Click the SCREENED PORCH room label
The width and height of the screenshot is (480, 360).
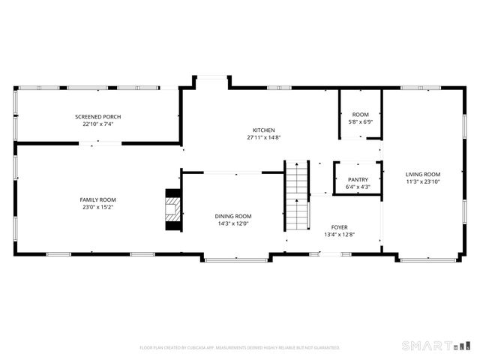[x=97, y=116]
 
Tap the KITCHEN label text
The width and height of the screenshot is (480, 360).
[x=263, y=130]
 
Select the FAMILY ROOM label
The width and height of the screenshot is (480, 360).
[x=97, y=199]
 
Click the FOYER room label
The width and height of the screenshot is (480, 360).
[x=339, y=227]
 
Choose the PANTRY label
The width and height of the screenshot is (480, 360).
[x=358, y=179]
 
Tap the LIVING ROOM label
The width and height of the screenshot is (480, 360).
[x=423, y=174]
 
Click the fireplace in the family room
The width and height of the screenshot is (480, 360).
[x=173, y=210]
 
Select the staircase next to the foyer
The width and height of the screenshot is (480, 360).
[x=298, y=196]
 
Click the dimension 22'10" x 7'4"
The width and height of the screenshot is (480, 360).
[x=97, y=124]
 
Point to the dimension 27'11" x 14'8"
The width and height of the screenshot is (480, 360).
[x=263, y=138]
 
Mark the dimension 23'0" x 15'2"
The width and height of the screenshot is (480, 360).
[x=97, y=208]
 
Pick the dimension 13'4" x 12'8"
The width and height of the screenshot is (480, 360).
[x=339, y=235]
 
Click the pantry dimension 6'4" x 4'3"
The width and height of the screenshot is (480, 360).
[x=358, y=187]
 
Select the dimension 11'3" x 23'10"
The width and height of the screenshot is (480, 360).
[x=423, y=181]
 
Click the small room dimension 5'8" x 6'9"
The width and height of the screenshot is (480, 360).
[x=361, y=121]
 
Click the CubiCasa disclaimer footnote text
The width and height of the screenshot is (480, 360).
[x=240, y=348]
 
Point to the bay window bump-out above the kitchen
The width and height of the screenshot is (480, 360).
[x=211, y=79]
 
